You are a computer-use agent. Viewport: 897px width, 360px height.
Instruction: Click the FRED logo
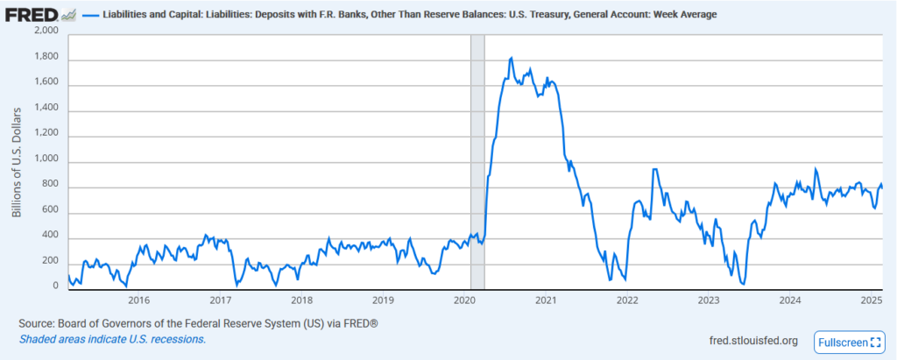point(32,15)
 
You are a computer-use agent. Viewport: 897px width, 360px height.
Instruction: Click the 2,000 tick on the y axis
point(46,31)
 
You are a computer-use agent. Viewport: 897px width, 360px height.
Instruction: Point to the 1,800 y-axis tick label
point(46,57)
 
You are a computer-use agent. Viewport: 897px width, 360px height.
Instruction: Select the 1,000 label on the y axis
point(46,160)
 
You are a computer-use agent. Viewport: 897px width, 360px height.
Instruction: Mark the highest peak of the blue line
point(511,58)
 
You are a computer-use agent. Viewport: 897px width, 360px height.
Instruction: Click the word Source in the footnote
point(37,323)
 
